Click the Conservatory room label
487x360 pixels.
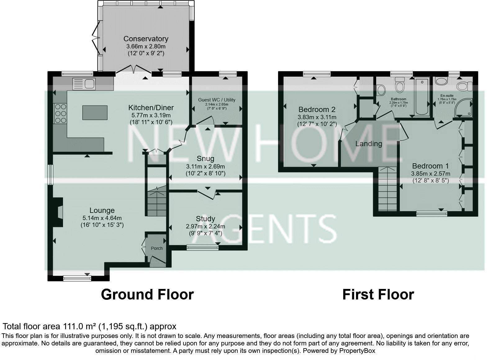click(146, 39)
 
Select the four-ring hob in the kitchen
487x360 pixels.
click(60, 113)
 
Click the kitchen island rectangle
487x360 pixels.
click(95, 112)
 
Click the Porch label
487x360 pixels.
click(157, 248)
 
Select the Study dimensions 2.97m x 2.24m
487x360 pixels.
click(205, 227)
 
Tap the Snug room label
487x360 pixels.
click(205, 159)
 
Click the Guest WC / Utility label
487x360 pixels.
click(217, 100)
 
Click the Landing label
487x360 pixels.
click(368, 144)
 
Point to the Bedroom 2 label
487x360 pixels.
click(317, 110)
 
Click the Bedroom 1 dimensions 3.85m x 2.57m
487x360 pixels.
click(431, 174)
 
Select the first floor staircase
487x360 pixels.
click(387, 189)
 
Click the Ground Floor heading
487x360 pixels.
click(147, 294)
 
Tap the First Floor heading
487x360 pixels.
click(378, 294)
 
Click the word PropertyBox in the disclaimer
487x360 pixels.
click(357, 351)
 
